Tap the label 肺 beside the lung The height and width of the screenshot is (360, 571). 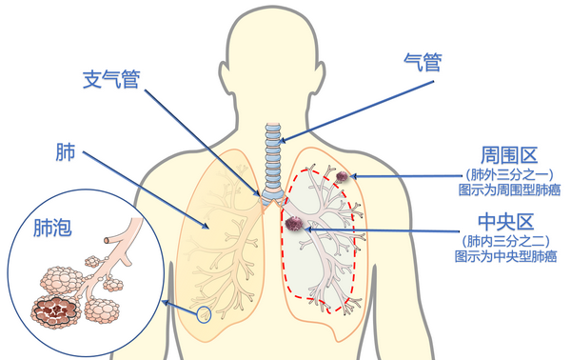click(66, 152)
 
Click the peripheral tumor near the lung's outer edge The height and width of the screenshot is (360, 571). click(343, 176)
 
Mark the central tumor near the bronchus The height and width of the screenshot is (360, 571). click(295, 225)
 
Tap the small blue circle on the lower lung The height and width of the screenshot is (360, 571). click(203, 314)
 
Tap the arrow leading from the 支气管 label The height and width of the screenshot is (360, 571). click(200, 138)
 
